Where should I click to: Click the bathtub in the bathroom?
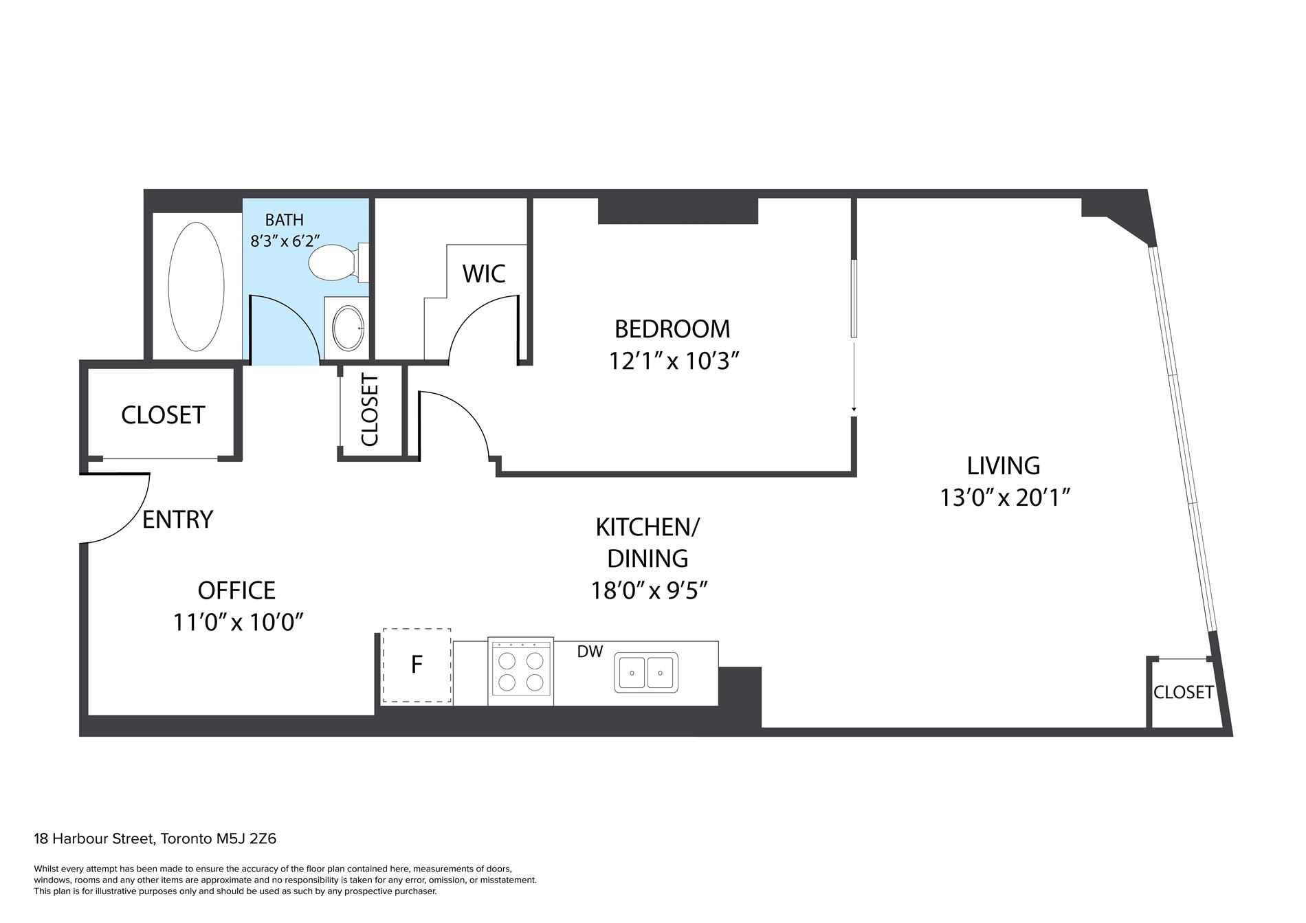[196, 287]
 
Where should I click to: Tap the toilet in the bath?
[333, 263]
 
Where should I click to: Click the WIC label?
[484, 274]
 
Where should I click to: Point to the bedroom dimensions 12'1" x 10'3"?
[674, 361]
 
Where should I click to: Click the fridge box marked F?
[417, 665]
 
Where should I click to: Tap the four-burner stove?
[520, 671]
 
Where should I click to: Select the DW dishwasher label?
[590, 652]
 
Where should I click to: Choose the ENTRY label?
[177, 519]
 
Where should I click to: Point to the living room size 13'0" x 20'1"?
[1006, 497]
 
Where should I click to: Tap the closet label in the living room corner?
[1183, 692]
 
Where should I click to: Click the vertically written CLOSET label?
[369, 410]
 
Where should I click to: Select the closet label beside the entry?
[163, 415]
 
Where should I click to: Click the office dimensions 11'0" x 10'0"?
[238, 623]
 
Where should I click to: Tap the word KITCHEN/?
[647, 528]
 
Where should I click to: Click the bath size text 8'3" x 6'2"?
[285, 242]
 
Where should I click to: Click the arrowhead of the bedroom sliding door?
[854, 410]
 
